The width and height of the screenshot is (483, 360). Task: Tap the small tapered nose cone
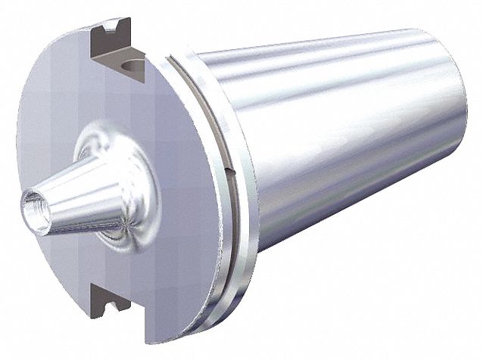(72, 198)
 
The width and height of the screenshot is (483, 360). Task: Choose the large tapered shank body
(341, 151)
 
